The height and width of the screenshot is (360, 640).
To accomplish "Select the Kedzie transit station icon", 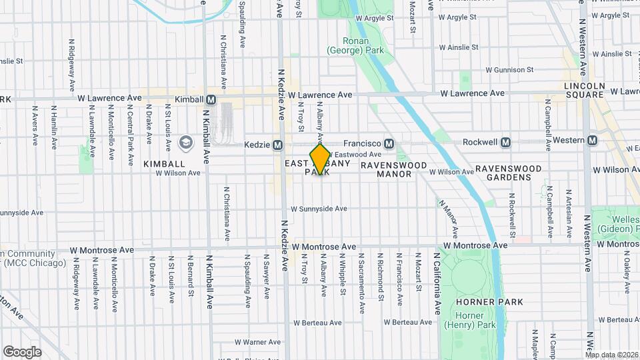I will pyautogui.click(x=278, y=145).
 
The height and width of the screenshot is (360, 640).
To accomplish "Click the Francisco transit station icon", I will pyautogui.click(x=389, y=143).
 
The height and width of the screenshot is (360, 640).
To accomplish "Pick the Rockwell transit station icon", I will pyautogui.click(x=506, y=142).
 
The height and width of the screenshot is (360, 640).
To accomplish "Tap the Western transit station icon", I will pyautogui.click(x=592, y=140).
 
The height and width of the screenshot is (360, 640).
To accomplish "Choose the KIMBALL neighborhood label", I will pyautogui.click(x=163, y=163).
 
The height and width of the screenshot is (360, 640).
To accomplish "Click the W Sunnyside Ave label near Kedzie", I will pyautogui.click(x=319, y=209).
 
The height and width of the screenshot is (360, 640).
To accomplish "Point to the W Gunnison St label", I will pyautogui.click(x=509, y=69).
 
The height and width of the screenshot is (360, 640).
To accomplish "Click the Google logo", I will pyautogui.click(x=22, y=351).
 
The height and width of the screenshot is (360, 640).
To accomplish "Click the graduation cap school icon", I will pyautogui.click(x=185, y=142).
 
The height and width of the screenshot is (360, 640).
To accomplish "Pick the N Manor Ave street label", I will pyautogui.click(x=447, y=218).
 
